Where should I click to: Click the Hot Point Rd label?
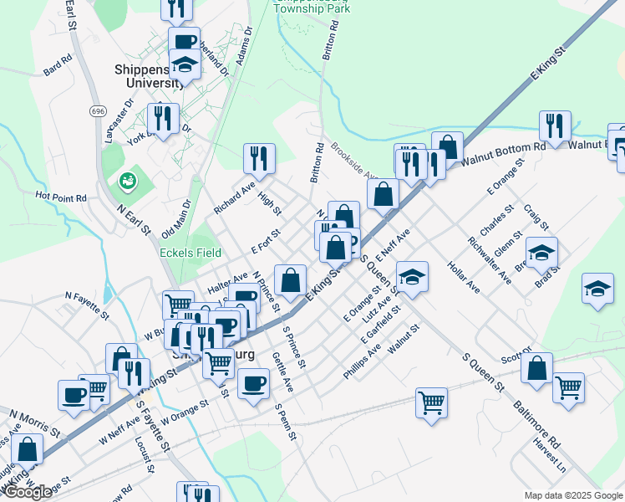click(61, 197)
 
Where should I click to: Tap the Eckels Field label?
click(191, 253)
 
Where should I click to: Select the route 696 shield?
click(99, 111)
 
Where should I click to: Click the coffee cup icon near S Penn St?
click(253, 382)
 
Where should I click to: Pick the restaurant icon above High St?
click(259, 157)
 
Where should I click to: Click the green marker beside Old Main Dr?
click(128, 180)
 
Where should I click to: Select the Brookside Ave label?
click(355, 161)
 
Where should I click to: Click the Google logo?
click(28, 492)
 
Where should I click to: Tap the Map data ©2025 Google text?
click(572, 494)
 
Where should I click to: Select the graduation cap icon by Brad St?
click(541, 252)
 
